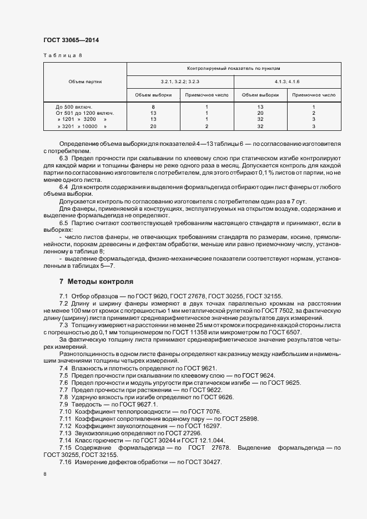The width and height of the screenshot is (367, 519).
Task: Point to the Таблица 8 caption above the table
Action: (62, 55)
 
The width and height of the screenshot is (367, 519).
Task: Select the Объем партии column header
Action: (85, 82)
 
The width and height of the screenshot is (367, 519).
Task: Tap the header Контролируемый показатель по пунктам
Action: (234, 69)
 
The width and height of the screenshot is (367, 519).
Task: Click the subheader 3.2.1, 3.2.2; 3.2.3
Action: (180, 82)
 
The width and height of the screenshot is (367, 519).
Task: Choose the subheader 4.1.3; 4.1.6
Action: (287, 82)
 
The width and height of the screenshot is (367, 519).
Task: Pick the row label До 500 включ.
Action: (74, 106)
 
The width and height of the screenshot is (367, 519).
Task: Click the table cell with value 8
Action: (153, 106)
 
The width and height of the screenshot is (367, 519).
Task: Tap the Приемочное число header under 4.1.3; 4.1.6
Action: (314, 95)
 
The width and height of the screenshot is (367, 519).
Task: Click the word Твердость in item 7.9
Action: (87, 404)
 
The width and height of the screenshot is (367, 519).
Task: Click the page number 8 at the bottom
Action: (45, 475)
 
